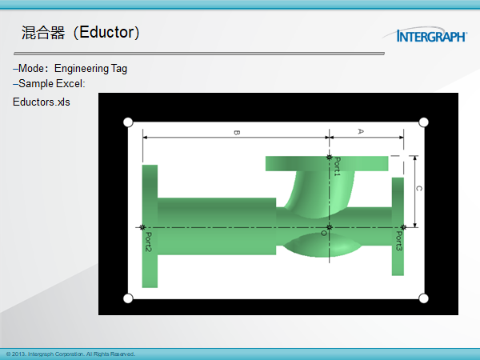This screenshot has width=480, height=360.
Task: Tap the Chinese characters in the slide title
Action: pos(43,33)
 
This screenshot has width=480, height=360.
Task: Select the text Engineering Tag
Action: pos(90,69)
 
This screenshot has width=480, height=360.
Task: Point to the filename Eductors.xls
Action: pos(42,102)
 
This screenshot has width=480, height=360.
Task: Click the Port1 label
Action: pos(337,166)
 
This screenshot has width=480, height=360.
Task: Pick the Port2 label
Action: pos(148,242)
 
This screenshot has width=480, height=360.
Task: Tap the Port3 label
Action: pos(398,241)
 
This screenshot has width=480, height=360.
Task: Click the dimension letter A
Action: pos(361,131)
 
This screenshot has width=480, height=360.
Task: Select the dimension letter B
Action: pos(237,133)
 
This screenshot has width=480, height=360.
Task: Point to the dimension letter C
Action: pos(418,188)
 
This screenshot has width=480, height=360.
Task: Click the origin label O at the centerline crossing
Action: pos(323,234)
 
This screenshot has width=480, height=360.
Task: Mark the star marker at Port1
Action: pos(329,158)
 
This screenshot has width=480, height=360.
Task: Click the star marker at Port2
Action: pos(142,227)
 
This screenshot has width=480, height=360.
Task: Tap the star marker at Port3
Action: pos(403,227)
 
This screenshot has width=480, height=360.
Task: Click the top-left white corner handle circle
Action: pos(128,122)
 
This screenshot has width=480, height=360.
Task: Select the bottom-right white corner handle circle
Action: pos(423,298)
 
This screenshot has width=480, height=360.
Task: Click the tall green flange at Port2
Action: pos(150,226)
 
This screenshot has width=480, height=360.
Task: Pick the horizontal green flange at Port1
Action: pos(326,164)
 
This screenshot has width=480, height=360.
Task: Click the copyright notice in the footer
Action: pos(70,354)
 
